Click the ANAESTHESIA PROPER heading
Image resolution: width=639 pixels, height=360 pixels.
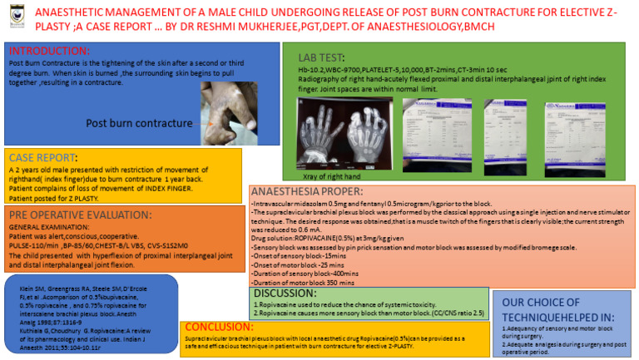[x=306, y=192]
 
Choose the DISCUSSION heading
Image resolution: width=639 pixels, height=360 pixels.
[x=285, y=293]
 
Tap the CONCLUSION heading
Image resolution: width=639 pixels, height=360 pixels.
[x=219, y=327]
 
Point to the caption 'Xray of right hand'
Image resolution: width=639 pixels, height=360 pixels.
[x=332, y=176]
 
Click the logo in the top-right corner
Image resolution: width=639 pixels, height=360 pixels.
[x=623, y=17]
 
